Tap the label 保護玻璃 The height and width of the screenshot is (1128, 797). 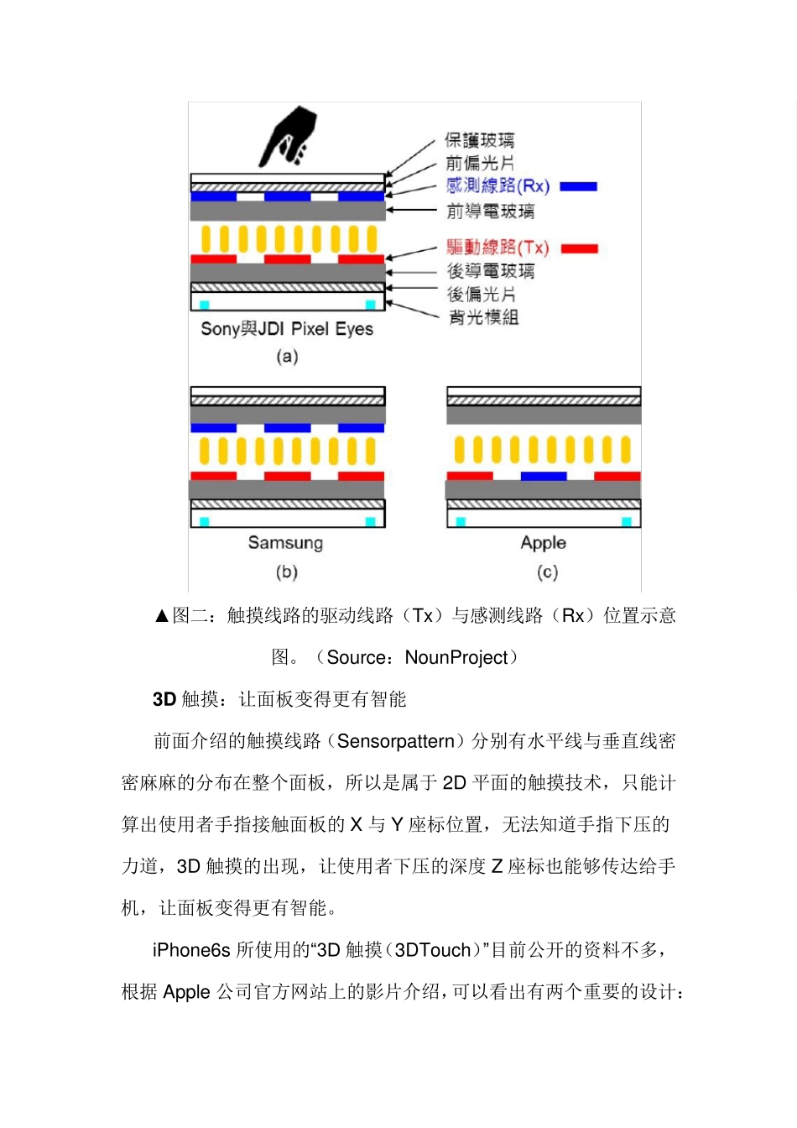(x=479, y=140)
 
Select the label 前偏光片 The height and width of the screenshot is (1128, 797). (x=479, y=163)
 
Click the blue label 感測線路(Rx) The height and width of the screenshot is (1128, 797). (x=497, y=185)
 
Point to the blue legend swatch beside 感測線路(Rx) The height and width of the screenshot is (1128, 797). (x=578, y=186)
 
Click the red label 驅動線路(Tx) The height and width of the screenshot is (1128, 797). (x=497, y=248)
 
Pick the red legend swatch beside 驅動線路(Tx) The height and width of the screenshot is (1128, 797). (x=579, y=248)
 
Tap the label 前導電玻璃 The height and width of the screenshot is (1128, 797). (x=490, y=211)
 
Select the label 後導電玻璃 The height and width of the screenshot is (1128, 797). (x=490, y=271)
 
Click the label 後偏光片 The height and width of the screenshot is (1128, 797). (x=481, y=295)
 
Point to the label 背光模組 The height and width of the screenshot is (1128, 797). (x=483, y=317)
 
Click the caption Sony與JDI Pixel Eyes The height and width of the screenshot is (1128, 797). (x=287, y=329)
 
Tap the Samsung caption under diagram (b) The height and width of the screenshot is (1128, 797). (x=285, y=543)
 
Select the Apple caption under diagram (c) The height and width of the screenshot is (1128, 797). (x=543, y=543)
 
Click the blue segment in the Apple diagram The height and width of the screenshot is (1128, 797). (x=544, y=476)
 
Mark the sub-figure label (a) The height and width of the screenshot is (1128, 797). (x=287, y=357)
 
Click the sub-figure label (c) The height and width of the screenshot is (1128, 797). (x=547, y=572)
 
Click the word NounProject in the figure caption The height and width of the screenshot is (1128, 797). (x=456, y=657)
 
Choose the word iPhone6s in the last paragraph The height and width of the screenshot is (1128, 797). (x=191, y=950)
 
